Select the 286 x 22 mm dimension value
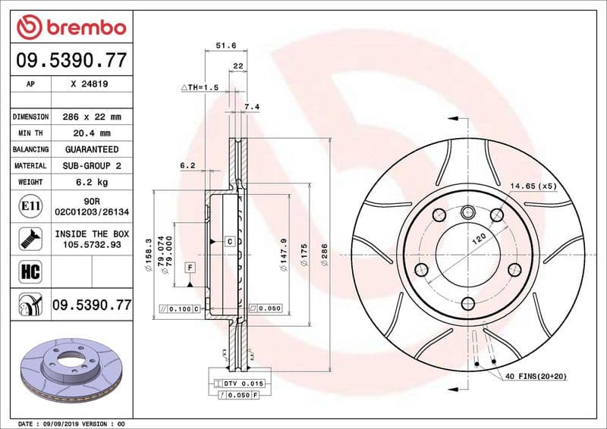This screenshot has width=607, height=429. (92, 117)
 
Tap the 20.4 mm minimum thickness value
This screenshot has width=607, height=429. (92, 133)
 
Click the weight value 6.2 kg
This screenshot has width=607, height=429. (92, 182)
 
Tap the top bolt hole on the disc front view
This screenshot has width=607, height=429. (467, 211)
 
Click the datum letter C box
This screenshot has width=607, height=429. (228, 241)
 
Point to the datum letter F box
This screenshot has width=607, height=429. (189, 267)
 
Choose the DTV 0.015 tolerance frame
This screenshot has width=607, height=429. (237, 384)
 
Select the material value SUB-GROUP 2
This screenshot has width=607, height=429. (92, 165)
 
